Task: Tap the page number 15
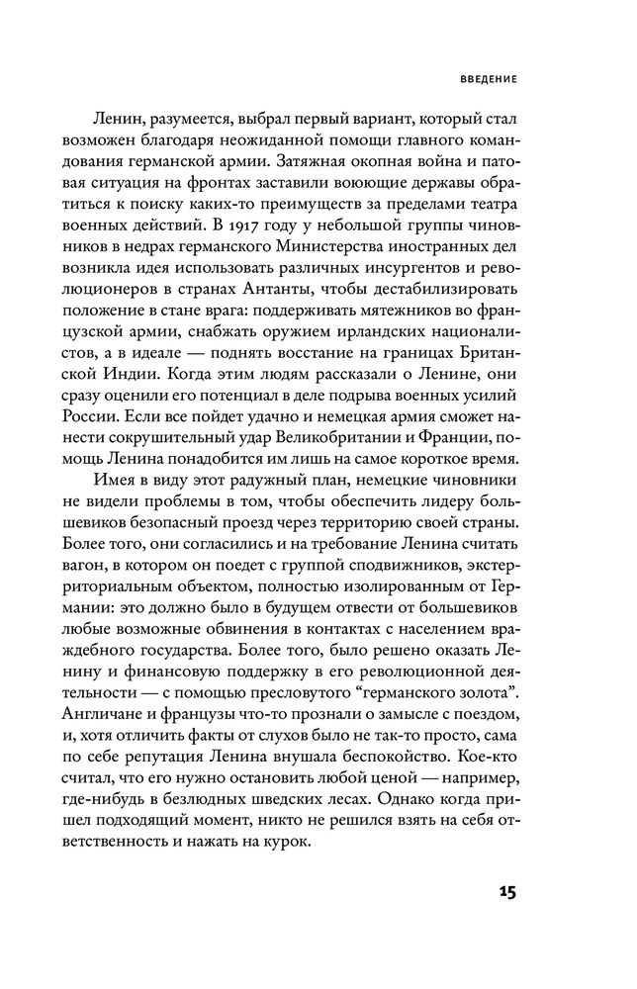(x=502, y=893)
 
